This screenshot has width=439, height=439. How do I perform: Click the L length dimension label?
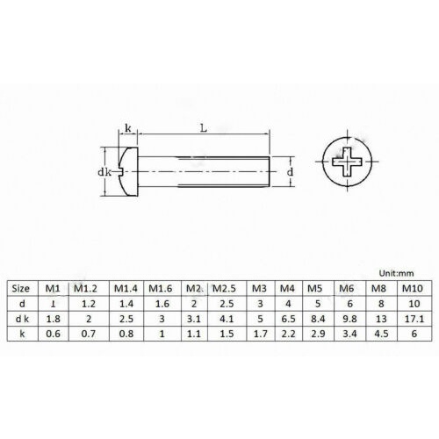tap(204, 128)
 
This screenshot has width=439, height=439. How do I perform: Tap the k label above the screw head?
tap(128, 128)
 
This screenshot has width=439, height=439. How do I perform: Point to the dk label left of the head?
tap(104, 172)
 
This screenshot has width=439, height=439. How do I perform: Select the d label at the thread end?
tap(290, 172)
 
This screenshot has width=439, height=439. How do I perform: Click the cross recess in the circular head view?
tap(347, 162)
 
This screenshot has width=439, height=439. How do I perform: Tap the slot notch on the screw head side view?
tap(122, 172)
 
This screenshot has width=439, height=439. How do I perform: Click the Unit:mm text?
tap(397, 273)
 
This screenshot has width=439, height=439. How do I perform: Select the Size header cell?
tap(21, 289)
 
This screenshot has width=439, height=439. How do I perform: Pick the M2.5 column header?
tap(224, 289)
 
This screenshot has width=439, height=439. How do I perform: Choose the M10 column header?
tap(413, 289)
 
